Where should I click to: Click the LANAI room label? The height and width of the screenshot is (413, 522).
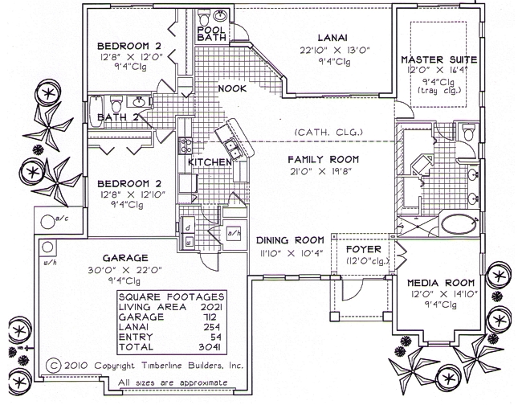(x=332, y=36)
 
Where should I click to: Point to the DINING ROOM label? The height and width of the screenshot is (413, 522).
(x=290, y=240)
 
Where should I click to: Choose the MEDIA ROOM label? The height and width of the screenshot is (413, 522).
(x=440, y=284)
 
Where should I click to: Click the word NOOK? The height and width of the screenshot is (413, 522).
(x=231, y=88)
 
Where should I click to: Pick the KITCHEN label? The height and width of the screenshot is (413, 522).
(x=210, y=162)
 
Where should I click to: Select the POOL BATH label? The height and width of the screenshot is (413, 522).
(x=211, y=34)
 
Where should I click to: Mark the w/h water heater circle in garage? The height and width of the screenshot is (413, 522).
(x=47, y=247)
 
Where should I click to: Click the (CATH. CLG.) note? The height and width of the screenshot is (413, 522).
(x=329, y=132)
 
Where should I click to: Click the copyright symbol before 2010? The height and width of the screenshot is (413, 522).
(x=53, y=364)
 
